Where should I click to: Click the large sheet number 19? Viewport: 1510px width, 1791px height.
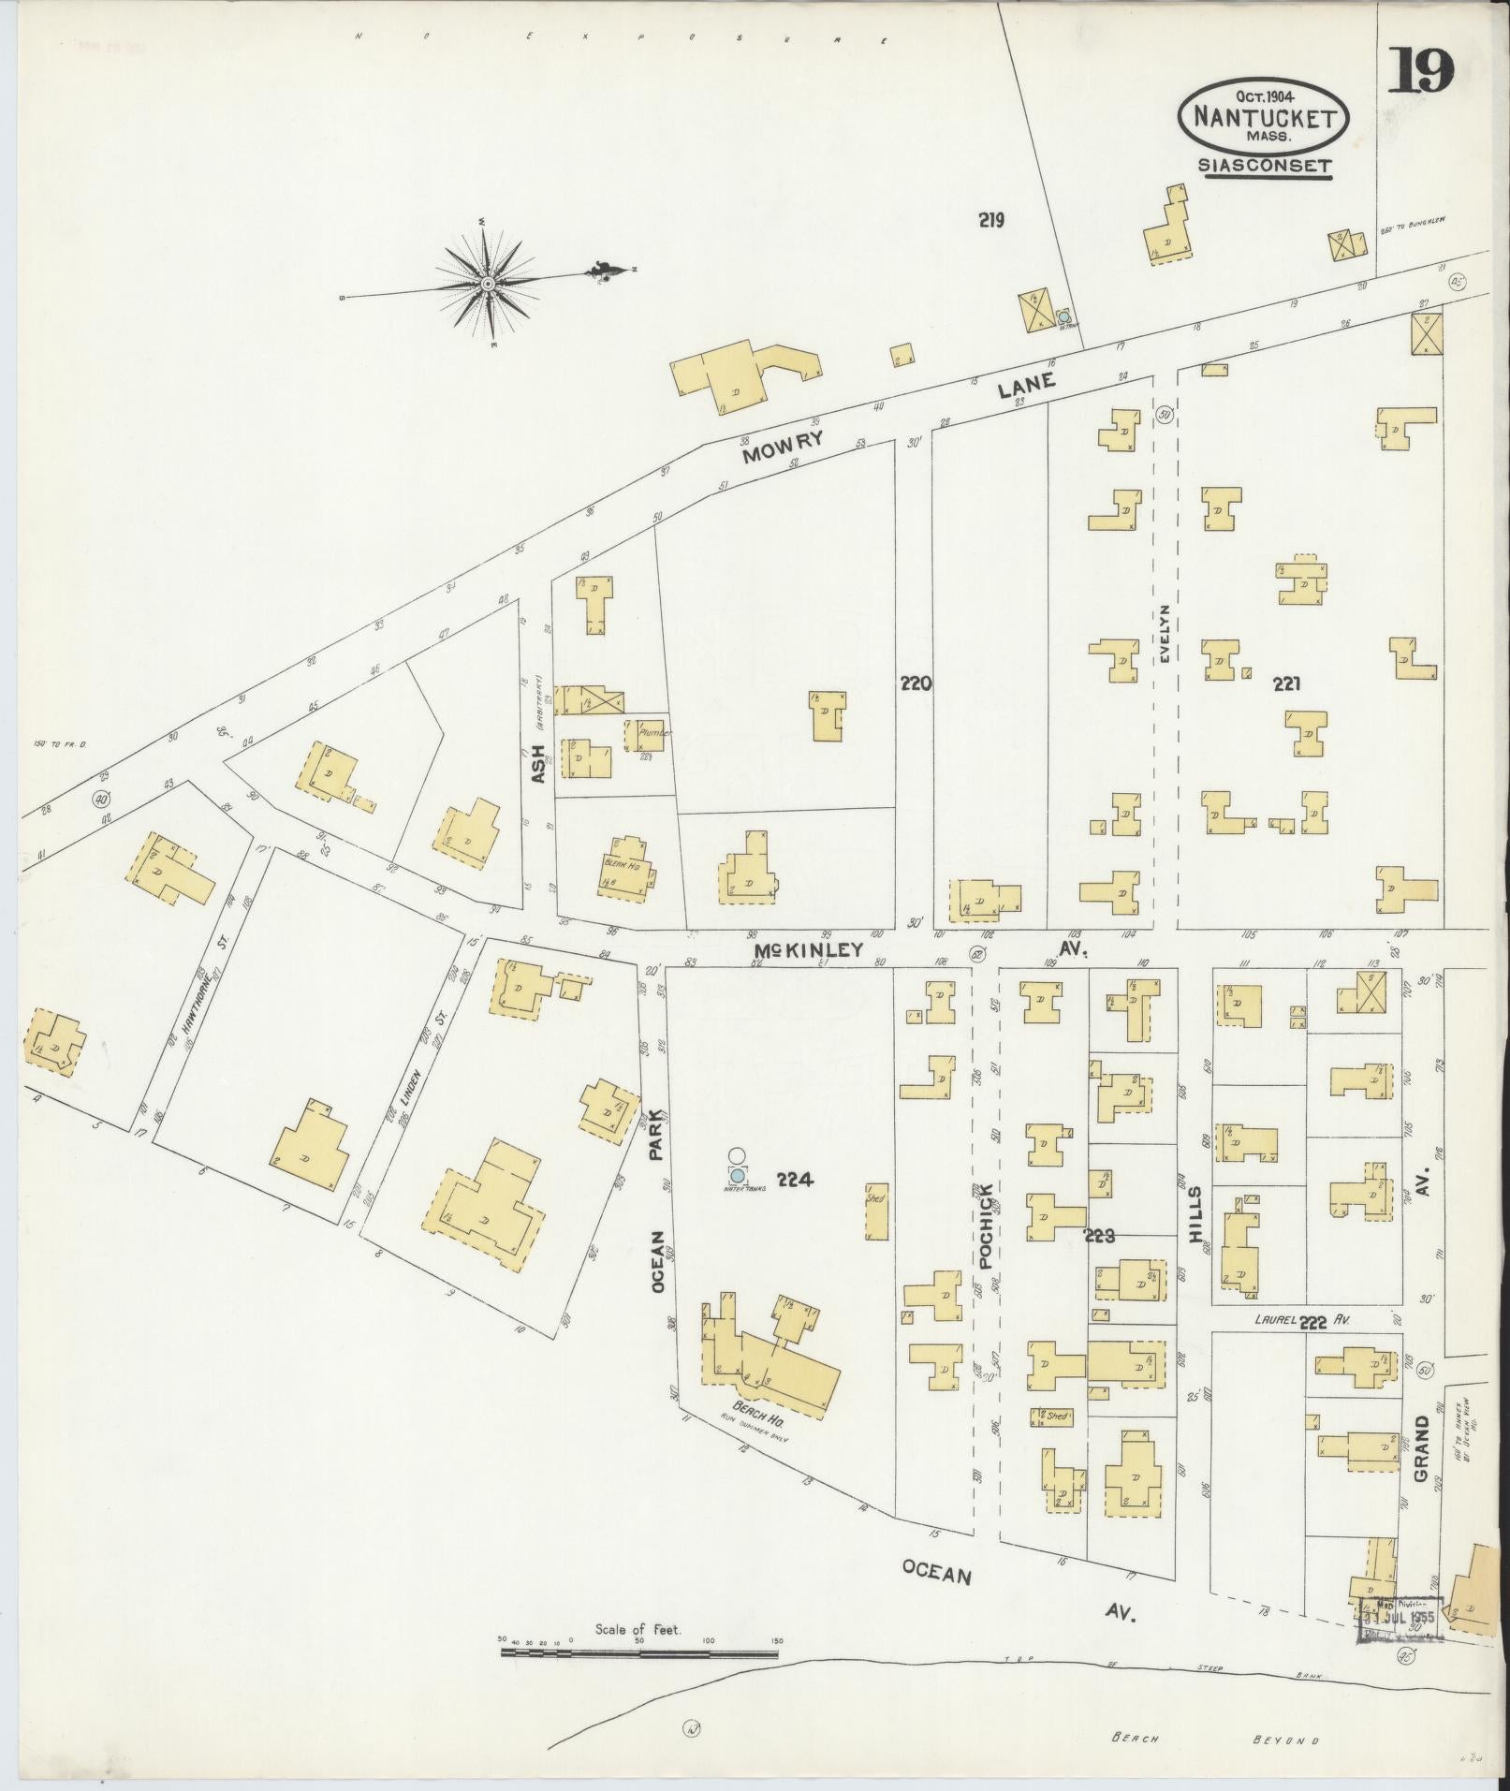[1420, 69]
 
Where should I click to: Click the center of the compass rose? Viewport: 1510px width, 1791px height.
[488, 283]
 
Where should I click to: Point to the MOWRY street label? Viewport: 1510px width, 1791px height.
[783, 448]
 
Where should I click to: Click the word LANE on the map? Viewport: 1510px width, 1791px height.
[1026, 385]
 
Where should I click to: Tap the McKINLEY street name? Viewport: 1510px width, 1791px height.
[809, 950]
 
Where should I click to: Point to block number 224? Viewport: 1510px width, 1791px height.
[794, 1180]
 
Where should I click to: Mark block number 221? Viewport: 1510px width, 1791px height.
[1286, 684]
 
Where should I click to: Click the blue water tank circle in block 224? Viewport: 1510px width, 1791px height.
[738, 1174]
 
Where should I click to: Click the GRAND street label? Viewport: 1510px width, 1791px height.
[1422, 1448]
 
